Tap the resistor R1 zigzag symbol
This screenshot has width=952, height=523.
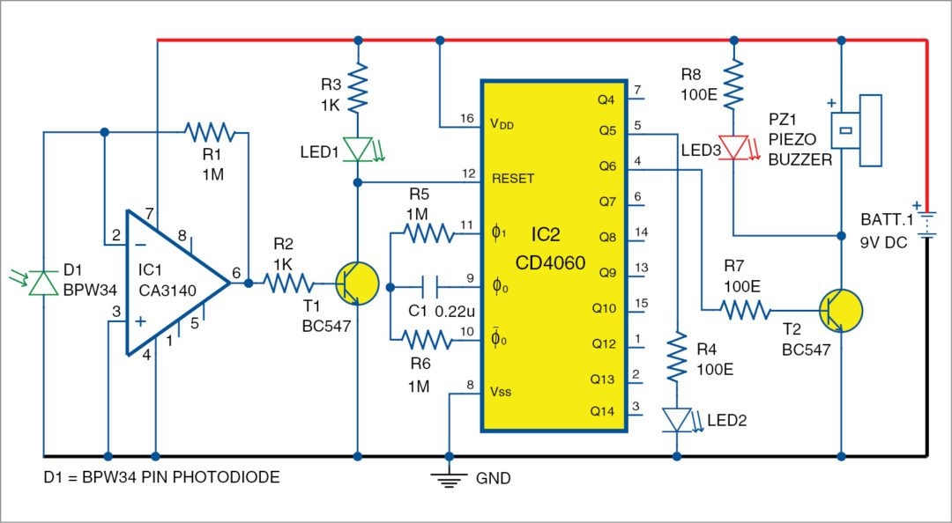pyautogui.click(x=210, y=132)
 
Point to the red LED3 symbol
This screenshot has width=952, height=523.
pyautogui.click(x=733, y=146)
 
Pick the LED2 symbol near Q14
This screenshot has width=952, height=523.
pyautogui.click(x=677, y=419)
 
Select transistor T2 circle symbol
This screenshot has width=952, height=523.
pyautogui.click(x=839, y=309)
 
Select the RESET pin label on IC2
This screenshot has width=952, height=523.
pyautogui.click(x=513, y=177)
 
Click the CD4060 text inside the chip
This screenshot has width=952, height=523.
pyautogui.click(x=551, y=261)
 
